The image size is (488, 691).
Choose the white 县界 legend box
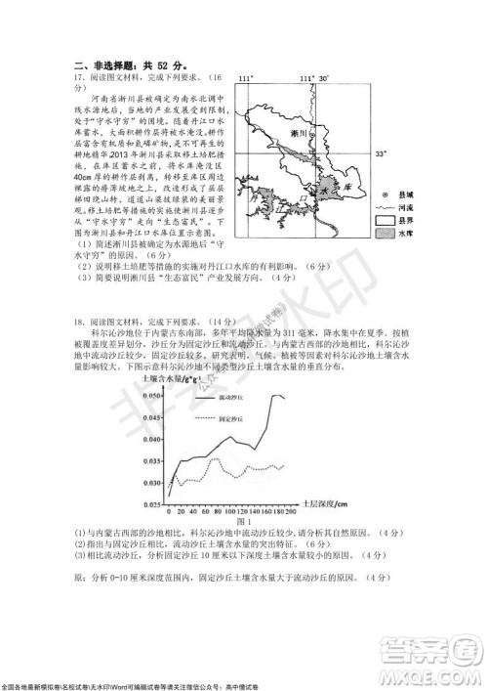pyautogui.click(x=382, y=222)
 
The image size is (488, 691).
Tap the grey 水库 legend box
pyautogui.click(x=382, y=236)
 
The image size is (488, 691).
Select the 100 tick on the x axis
pyautogui.click(x=229, y=511)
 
